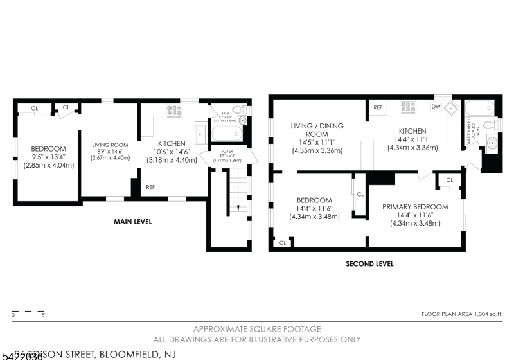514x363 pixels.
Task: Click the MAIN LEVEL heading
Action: (x=133, y=222)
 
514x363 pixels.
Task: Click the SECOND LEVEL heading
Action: (x=369, y=263)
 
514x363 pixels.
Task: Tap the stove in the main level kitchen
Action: (x=174, y=111)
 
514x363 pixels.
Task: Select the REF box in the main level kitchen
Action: (x=150, y=188)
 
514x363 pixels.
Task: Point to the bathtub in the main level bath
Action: (x=226, y=133)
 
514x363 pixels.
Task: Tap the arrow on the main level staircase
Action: (x=237, y=207)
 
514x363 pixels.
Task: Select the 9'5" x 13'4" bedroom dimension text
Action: (x=49, y=157)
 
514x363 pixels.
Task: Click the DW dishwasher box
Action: (x=436, y=107)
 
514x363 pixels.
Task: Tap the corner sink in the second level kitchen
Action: (x=454, y=108)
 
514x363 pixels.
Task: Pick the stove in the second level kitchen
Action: (x=408, y=107)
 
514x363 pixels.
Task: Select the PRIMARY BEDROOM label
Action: (x=415, y=206)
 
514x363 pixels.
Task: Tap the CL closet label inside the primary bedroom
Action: (x=449, y=180)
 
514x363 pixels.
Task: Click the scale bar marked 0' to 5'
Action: (x=28, y=313)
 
